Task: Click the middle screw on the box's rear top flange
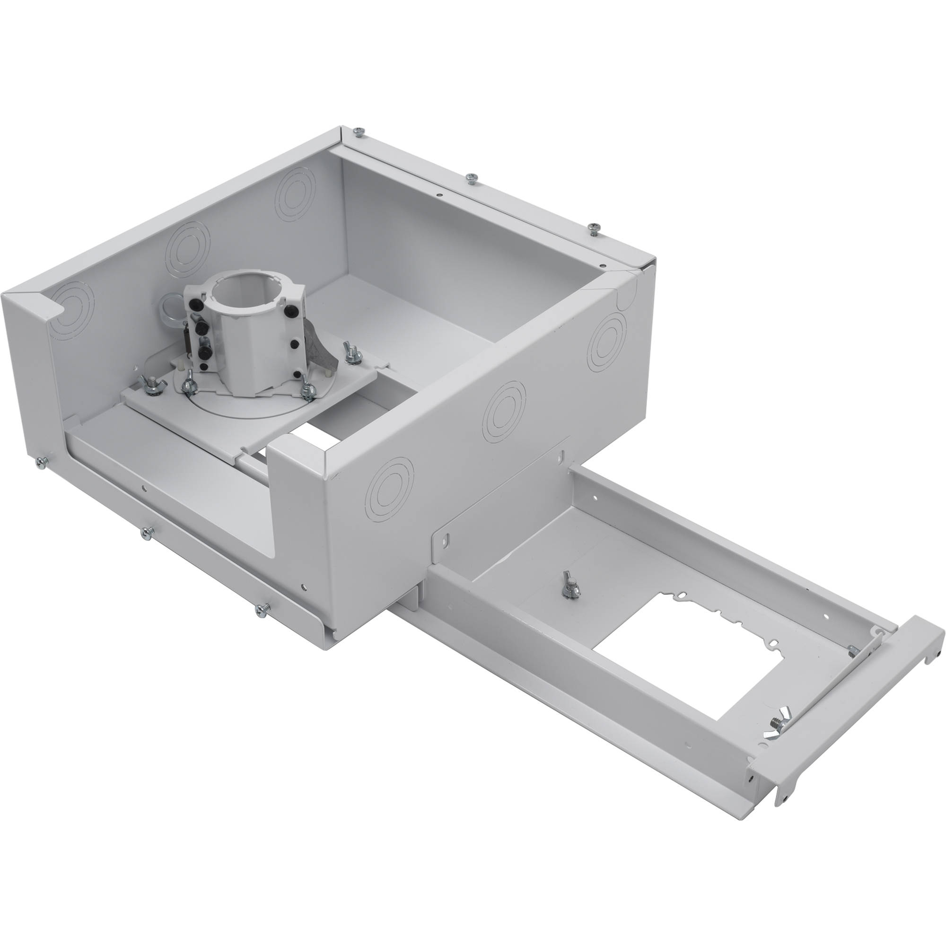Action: [471, 179]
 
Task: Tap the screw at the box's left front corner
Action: [41, 462]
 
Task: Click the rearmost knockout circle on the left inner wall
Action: [295, 193]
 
